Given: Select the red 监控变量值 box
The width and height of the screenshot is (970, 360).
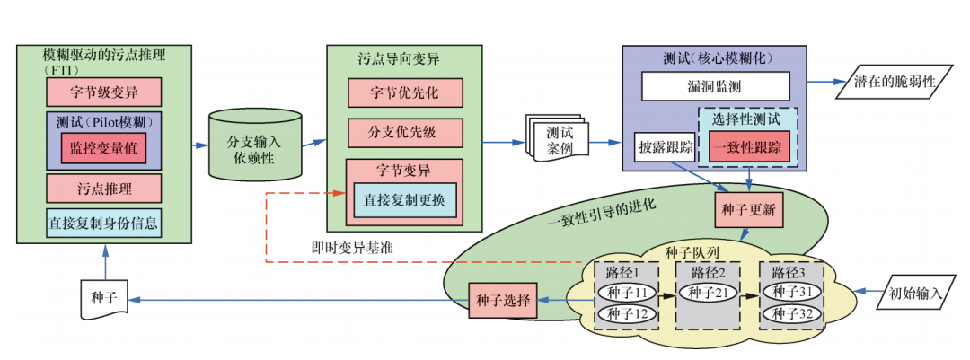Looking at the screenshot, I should [x=103, y=149].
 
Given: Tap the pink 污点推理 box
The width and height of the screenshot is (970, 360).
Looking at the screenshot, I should [x=103, y=188].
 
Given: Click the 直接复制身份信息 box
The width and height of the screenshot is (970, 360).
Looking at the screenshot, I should [x=103, y=223].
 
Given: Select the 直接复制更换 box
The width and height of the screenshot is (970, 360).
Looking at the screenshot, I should [x=406, y=199].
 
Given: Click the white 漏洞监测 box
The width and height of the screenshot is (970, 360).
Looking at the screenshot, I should [x=715, y=86].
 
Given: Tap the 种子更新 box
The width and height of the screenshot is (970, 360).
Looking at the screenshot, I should [x=748, y=208].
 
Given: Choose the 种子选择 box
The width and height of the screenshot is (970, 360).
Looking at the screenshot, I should [x=502, y=299].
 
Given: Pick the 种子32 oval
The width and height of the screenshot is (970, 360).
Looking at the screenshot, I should [x=791, y=313].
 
